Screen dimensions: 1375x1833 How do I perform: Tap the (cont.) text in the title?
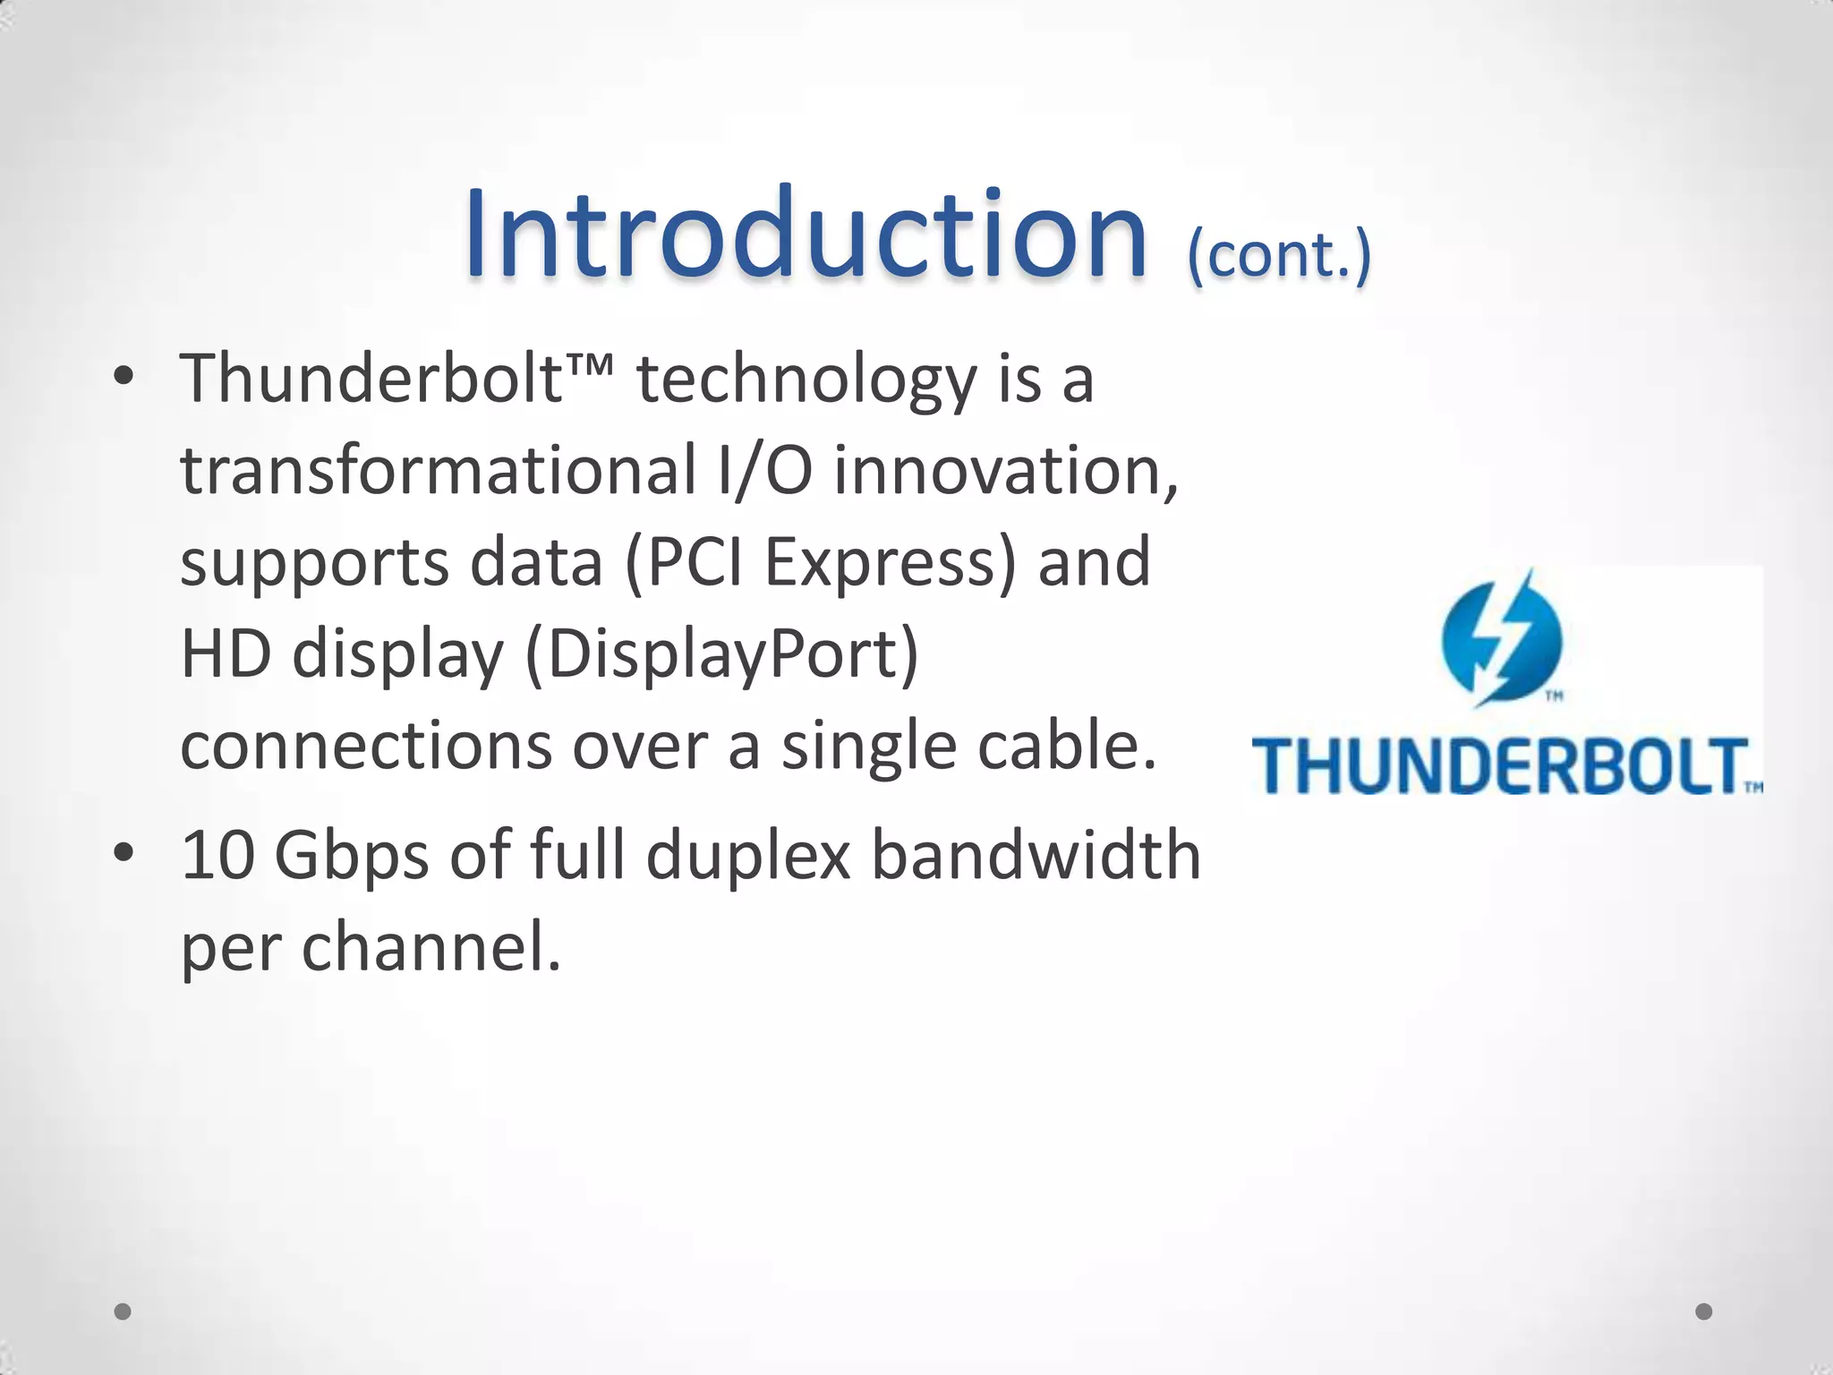[x=1278, y=255]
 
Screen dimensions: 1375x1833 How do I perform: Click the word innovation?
[x=1006, y=471]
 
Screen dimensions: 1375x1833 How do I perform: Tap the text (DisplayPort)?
[x=721, y=655]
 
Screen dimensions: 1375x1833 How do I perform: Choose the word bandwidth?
[x=1036, y=856]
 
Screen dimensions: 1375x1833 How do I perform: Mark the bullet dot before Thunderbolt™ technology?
[x=124, y=378]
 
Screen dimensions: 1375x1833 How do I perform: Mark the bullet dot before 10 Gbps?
[x=124, y=854]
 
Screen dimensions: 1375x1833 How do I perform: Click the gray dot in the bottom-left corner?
[x=123, y=1311]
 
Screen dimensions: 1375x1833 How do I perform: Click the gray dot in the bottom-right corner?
[x=1703, y=1311]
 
